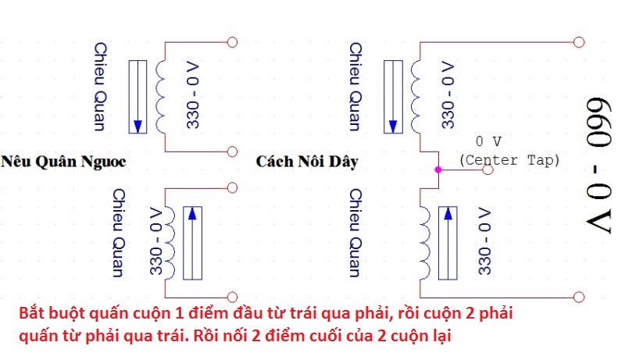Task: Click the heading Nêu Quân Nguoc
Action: pos(63,162)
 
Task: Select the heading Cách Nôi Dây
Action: pos(306,162)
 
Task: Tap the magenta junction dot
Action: pos(438,169)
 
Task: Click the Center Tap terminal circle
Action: pos(488,169)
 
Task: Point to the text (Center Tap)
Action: pos(509,160)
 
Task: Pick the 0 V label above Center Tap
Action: pos(488,142)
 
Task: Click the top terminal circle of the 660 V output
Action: pos(578,41)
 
